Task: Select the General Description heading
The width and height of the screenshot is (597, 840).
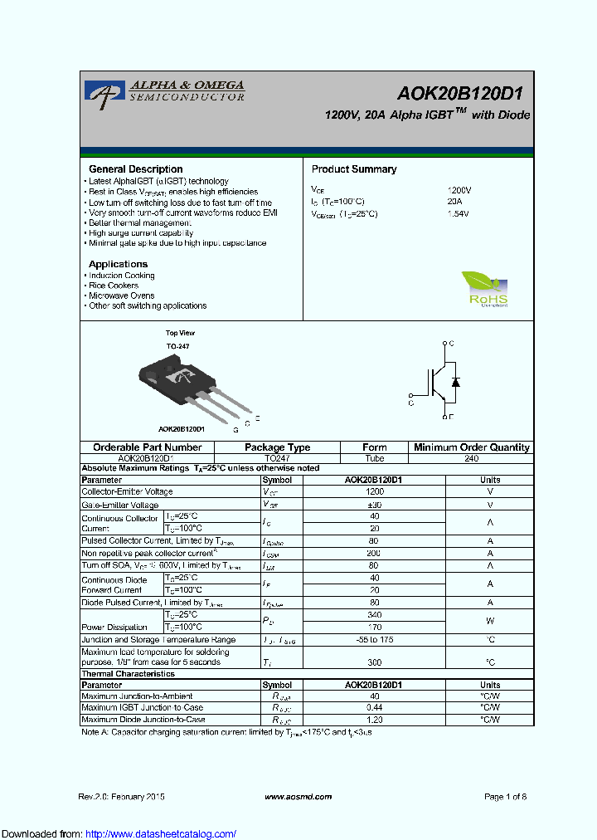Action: click(135, 169)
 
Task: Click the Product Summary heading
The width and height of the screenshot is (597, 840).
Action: click(354, 169)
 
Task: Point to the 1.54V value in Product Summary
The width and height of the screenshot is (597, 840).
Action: click(458, 214)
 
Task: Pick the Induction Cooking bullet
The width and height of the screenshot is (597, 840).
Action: click(122, 276)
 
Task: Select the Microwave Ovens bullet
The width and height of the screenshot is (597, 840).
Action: click(122, 295)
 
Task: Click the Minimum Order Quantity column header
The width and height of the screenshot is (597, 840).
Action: click(472, 447)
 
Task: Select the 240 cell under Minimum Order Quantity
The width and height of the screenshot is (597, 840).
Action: click(472, 457)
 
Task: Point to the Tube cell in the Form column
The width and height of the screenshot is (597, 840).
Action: click(375, 457)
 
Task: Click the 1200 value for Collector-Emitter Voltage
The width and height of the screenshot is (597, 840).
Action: click(374, 491)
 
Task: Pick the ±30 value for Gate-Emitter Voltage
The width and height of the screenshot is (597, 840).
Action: click(374, 505)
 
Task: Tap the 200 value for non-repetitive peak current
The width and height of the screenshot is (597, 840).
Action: click(374, 554)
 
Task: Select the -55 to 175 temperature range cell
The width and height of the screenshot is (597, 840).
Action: click(374, 640)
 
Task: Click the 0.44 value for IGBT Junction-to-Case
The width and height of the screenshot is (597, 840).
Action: click(374, 708)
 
